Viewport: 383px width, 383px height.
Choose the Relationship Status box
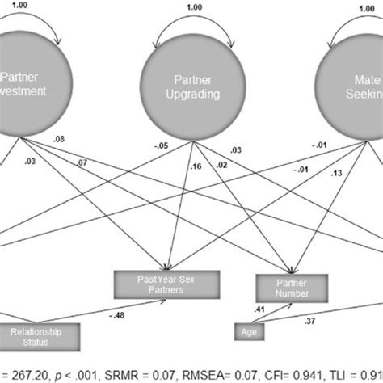[x=40, y=335]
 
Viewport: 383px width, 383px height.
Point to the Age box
[x=247, y=331]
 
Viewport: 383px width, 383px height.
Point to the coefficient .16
[x=194, y=167]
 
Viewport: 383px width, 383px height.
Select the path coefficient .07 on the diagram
[x=82, y=165]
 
